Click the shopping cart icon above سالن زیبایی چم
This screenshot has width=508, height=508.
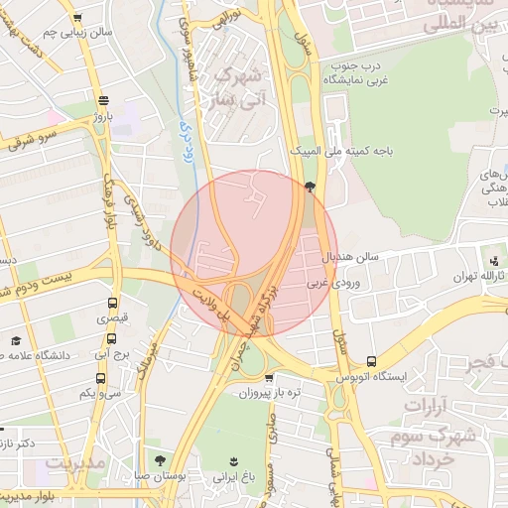tap(77, 18)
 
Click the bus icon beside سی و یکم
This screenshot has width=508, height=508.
tap(100, 378)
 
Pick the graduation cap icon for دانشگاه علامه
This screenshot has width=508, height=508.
tap(16, 340)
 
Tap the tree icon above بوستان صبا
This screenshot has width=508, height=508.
tap(161, 460)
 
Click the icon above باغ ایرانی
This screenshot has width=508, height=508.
tap(234, 461)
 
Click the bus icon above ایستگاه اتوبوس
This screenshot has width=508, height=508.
tap(371, 362)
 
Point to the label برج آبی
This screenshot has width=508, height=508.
tap(105, 353)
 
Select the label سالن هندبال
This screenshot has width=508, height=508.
tap(350, 257)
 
